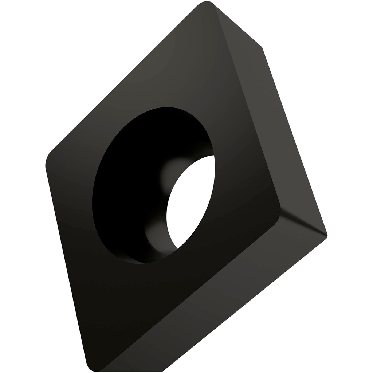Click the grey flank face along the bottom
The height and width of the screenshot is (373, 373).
219,302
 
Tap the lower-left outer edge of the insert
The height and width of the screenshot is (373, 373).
67,266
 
